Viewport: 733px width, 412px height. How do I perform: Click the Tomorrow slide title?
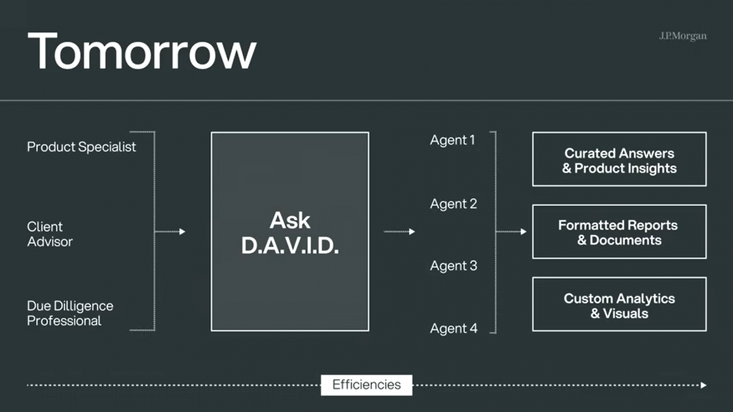click(142, 51)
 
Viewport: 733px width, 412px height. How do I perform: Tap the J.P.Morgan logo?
click(682, 36)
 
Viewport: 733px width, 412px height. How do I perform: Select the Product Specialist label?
click(81, 147)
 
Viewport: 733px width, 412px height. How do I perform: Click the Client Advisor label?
click(50, 234)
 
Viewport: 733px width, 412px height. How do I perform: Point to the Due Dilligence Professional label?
click(70, 313)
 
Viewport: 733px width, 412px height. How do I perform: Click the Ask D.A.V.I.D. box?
click(290, 231)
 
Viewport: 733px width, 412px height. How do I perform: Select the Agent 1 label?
click(453, 140)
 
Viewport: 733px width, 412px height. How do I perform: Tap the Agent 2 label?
click(453, 204)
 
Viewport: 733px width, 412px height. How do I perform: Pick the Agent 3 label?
click(453, 265)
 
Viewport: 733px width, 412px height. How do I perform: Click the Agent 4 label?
click(453, 328)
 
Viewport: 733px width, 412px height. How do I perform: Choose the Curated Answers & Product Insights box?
click(619, 159)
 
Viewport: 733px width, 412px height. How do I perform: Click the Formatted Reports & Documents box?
click(619, 231)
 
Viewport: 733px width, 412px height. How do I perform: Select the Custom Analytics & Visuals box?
click(619, 304)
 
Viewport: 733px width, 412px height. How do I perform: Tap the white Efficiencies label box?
click(366, 385)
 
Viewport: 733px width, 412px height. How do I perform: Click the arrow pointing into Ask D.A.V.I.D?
click(170, 231)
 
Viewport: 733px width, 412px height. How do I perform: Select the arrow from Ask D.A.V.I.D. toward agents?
click(399, 231)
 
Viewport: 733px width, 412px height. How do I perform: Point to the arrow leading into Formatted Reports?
click(511, 231)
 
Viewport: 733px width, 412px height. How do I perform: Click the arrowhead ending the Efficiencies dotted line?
click(704, 386)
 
